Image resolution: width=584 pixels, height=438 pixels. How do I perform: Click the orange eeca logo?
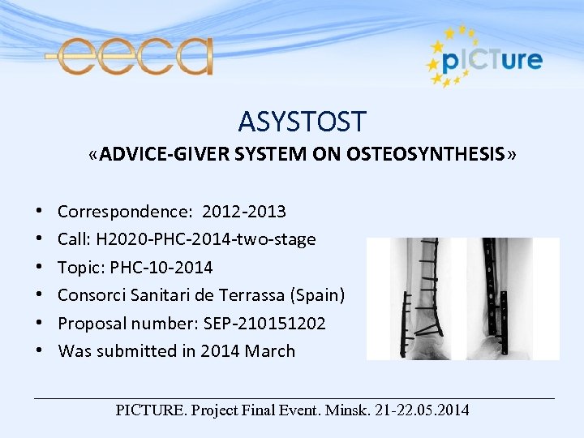tap(130, 56)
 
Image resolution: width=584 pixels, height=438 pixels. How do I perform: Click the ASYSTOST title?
tap(302, 122)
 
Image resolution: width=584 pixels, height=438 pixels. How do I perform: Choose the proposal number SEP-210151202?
tap(260, 324)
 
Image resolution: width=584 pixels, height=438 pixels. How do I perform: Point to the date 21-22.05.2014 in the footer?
tap(422, 410)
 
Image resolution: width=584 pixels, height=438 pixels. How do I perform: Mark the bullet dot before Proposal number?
tap(41, 324)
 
